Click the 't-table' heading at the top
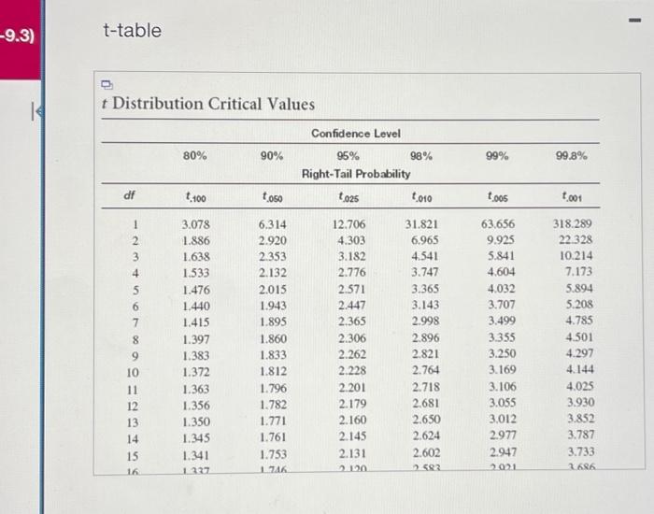coord(132,31)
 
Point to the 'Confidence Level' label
coord(356,134)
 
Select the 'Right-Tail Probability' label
coord(356,174)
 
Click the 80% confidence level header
coord(195,156)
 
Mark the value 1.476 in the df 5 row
coord(196,290)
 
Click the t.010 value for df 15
coord(428,454)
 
